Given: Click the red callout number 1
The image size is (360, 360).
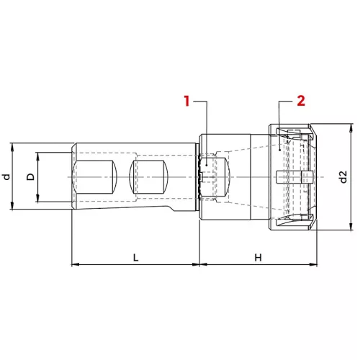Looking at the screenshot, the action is [x=186, y=101].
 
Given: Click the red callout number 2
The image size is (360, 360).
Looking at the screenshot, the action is [x=301, y=101].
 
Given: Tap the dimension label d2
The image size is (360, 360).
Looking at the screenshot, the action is [x=343, y=177].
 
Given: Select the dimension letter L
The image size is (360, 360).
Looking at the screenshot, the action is [x=136, y=258].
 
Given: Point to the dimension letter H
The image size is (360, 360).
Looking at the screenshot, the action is [x=258, y=258].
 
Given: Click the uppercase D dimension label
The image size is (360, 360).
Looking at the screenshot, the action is [x=30, y=177].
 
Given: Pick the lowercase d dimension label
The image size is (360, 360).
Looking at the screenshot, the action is [x=6, y=177].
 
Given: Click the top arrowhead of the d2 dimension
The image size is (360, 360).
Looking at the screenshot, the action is [x=351, y=127].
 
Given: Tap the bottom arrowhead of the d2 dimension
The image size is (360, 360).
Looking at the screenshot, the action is [x=351, y=226].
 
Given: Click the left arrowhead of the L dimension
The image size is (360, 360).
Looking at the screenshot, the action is [x=76, y=264].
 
